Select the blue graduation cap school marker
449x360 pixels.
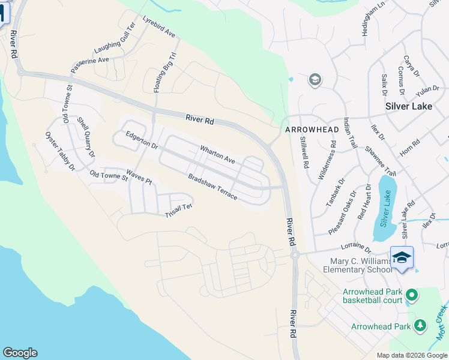pos(402,258)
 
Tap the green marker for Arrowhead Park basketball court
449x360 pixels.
pos(411,295)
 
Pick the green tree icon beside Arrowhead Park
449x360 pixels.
pos(420,326)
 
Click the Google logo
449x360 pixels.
pos(20,353)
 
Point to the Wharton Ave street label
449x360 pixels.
pos(217,154)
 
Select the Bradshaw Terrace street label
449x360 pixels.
pos(212,188)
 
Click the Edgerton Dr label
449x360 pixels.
pos(142,141)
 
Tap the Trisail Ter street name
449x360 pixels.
pos(178,211)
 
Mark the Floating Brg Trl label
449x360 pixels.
pos(166,71)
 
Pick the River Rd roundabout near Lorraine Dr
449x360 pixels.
pos(295,255)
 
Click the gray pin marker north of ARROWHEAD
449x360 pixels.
pos(315,80)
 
